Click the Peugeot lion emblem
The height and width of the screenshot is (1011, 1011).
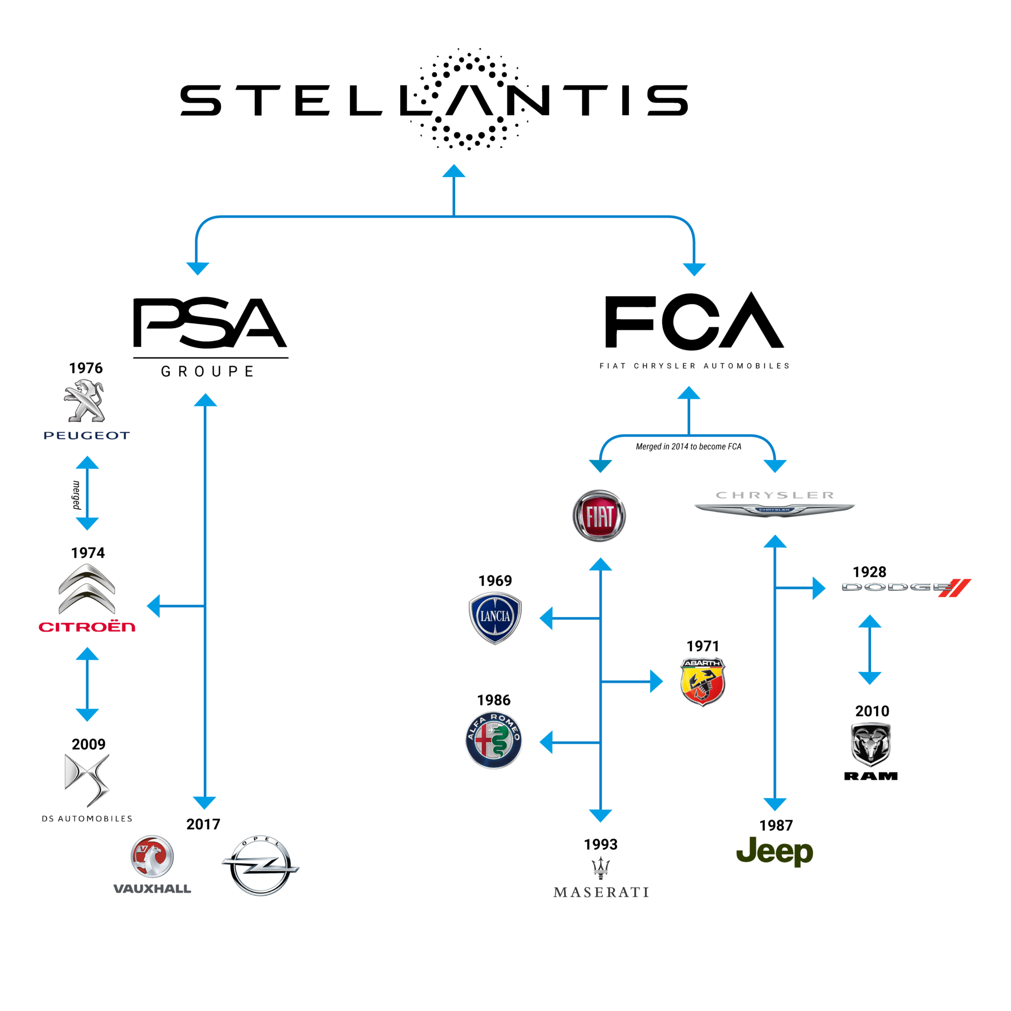85,400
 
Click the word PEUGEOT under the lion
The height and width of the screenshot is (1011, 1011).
87,435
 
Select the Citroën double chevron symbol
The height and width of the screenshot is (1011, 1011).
87,589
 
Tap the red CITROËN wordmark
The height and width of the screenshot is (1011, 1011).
87,627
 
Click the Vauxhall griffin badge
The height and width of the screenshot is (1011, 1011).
152,856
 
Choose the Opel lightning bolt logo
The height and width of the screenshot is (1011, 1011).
260,865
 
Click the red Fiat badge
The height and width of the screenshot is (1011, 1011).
599,516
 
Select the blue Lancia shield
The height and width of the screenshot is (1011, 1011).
495,618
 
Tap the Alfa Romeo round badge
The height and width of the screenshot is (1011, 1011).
494,740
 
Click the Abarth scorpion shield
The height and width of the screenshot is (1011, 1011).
703,682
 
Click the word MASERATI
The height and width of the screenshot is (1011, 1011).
601,892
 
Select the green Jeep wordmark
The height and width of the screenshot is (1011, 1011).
775,852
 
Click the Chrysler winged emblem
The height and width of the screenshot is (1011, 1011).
775,508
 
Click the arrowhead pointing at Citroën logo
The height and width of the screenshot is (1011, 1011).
154,607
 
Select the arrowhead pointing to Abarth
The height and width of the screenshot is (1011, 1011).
656,682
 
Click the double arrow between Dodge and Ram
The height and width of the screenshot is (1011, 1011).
870,650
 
